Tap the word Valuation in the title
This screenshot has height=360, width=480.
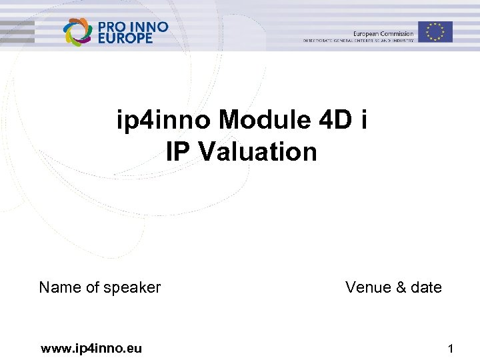point(257,152)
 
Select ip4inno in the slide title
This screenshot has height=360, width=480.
point(164,122)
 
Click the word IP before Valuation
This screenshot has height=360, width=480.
point(179,152)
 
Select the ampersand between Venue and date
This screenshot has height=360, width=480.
point(401,287)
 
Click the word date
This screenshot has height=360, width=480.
point(427,287)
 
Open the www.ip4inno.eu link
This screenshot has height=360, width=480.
point(91,347)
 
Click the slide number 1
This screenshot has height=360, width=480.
point(451,348)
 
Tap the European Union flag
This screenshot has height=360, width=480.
point(435,31)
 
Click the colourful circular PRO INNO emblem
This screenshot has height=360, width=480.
point(77,31)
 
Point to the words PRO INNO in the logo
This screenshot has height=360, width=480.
point(133,27)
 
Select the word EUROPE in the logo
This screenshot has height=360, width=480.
point(125,39)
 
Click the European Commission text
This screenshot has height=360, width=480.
point(383,33)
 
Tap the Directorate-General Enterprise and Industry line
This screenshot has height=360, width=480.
point(358,41)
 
